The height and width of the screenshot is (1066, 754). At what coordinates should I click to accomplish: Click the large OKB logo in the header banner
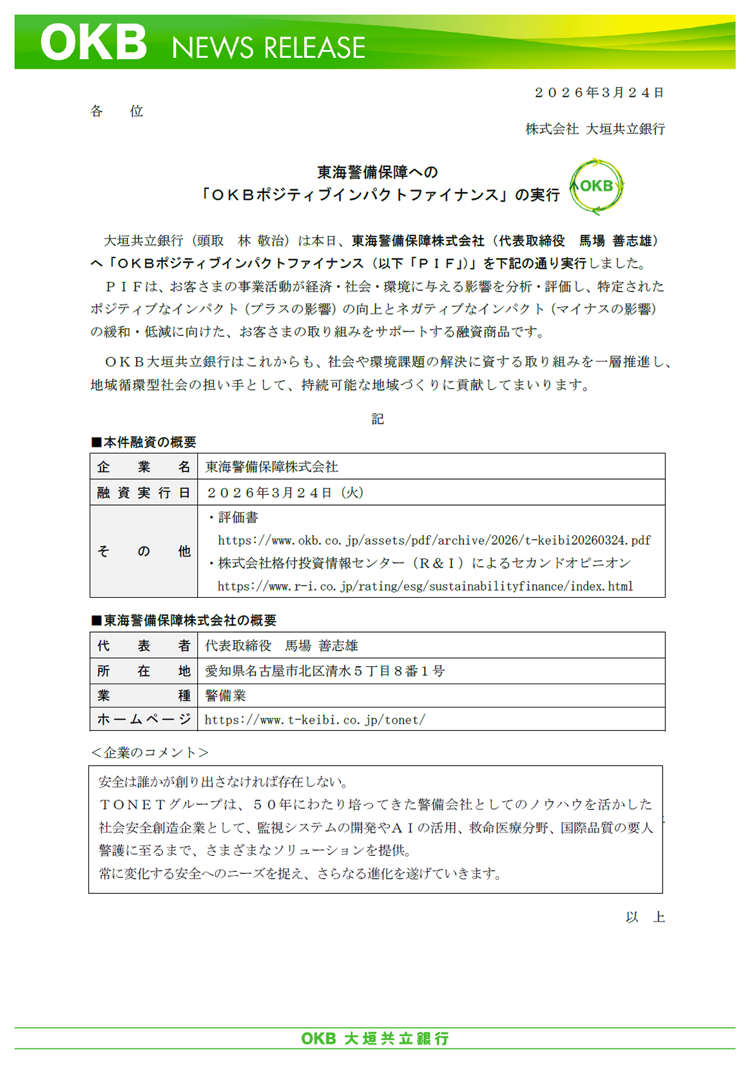coord(93,43)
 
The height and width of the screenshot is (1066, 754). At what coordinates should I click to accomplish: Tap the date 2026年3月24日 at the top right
coord(599,93)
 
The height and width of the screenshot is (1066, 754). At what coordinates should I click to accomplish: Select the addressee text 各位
coord(117,111)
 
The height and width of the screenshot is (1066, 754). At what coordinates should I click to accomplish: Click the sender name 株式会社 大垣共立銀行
coord(595,129)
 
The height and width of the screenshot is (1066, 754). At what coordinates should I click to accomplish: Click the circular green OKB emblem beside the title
coord(596,186)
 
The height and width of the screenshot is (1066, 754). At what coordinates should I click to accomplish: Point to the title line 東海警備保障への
coord(377,172)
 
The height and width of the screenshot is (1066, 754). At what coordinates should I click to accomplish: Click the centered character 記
coord(378,419)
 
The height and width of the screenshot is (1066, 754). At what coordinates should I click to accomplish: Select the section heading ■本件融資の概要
coord(144,442)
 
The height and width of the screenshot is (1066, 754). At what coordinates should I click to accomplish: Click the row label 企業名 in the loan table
coord(144,467)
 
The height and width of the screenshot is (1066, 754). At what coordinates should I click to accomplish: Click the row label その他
coord(144,551)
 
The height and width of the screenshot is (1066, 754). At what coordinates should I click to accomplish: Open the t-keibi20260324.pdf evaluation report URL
coord(434,540)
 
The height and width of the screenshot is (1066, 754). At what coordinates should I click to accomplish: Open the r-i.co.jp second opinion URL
coord(425,586)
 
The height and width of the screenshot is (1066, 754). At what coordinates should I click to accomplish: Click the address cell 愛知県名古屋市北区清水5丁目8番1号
coord(325,671)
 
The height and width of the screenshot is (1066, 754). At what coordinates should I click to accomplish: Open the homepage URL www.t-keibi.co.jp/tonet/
coord(314,720)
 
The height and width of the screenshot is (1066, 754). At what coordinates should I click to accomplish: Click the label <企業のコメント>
coord(150,753)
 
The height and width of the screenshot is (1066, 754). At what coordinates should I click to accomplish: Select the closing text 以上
coord(644,917)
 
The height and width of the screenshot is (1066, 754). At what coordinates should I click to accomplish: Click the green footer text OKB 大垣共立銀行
coord(375,1038)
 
